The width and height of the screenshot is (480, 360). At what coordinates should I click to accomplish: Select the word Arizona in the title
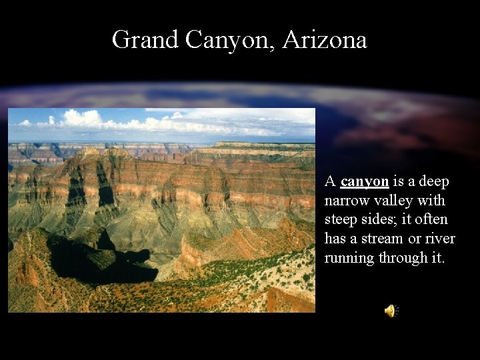click(x=325, y=40)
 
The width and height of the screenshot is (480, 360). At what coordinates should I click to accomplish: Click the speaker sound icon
click(x=391, y=311)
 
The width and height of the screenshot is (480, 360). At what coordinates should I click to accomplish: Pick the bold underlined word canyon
click(x=364, y=182)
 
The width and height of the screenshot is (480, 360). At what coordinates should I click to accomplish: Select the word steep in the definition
click(x=341, y=220)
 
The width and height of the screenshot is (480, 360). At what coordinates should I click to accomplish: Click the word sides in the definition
click(x=379, y=220)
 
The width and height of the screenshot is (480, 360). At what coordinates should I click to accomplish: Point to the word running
click(x=349, y=258)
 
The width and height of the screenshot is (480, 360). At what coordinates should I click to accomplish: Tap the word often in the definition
click(x=433, y=220)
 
